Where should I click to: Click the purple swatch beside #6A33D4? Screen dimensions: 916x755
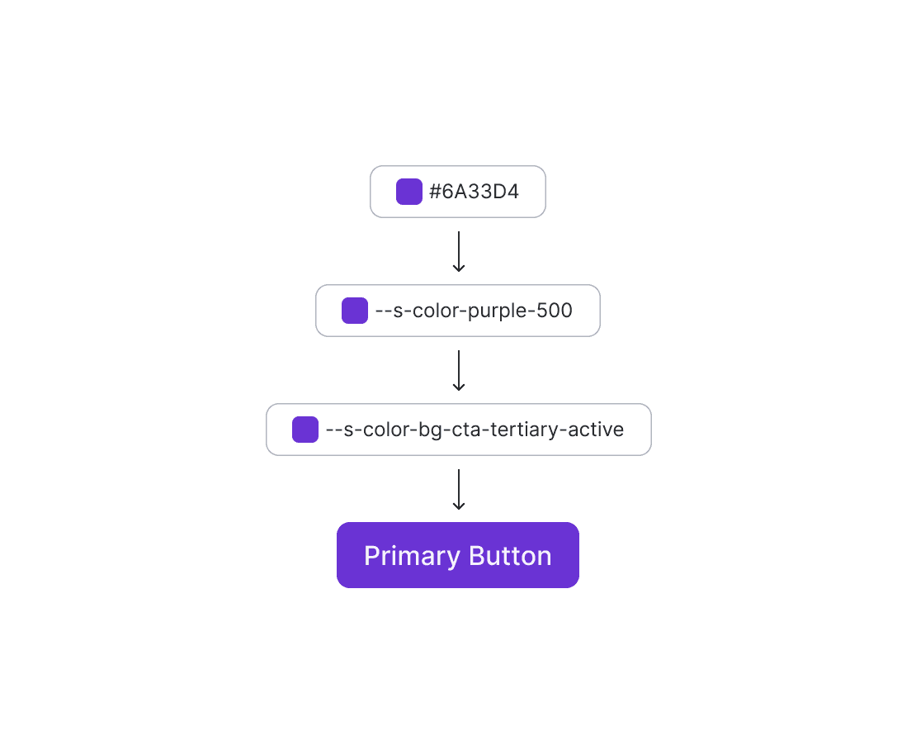tap(409, 192)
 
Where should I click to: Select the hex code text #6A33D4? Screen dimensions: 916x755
tap(474, 192)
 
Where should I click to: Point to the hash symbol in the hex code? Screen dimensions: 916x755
tap(435, 192)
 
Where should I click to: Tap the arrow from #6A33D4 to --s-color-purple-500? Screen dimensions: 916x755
tap(459, 251)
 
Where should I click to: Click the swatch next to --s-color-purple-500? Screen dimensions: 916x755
tap(355, 311)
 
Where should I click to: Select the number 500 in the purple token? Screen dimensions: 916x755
tap(555, 311)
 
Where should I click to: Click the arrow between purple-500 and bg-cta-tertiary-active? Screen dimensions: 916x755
tap(459, 370)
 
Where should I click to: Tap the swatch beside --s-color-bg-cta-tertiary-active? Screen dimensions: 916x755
tap(305, 430)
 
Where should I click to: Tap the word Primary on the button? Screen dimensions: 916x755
tap(412, 557)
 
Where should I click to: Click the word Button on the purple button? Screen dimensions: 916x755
tap(510, 556)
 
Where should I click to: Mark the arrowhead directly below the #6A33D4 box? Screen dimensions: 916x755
tap(459, 268)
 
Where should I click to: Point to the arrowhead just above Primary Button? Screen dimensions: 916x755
tap(459, 506)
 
